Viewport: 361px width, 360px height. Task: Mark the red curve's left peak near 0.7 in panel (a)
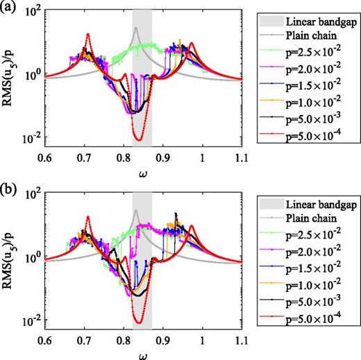pos(87,34)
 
